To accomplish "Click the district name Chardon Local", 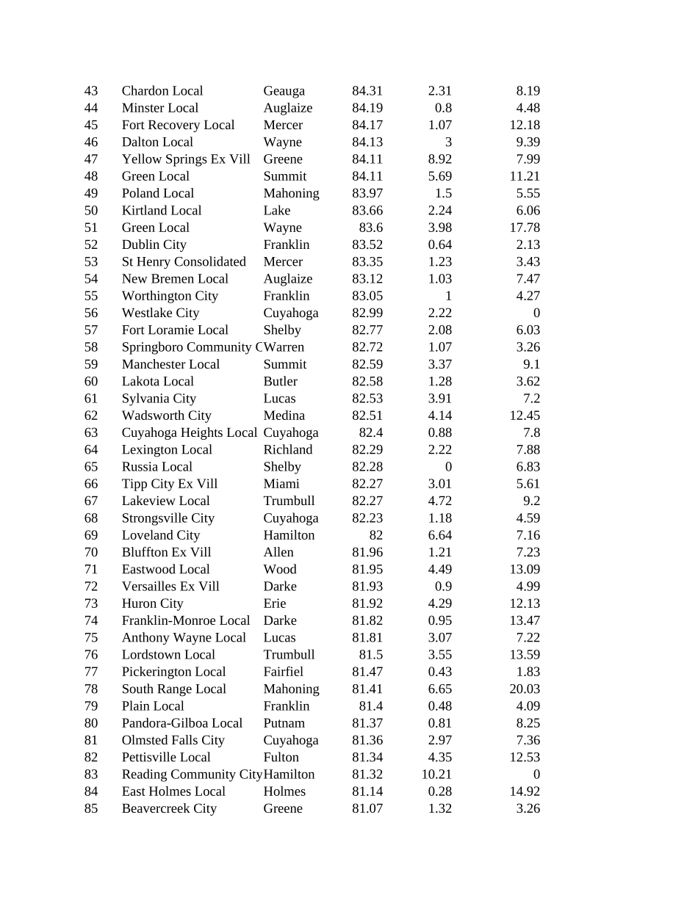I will point(162,91).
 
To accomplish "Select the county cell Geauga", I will point(284,91).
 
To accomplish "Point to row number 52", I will point(91,244).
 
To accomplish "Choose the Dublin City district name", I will point(154,244).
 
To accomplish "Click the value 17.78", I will point(525,228).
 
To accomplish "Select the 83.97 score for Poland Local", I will point(367,193).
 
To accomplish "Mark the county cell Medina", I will point(284,416).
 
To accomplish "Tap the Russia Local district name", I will point(157,467).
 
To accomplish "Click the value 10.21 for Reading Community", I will point(436,775).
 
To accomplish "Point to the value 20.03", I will point(525,689).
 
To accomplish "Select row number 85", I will point(91,808).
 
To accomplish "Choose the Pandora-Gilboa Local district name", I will point(182,723).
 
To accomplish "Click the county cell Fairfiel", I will point(284,672).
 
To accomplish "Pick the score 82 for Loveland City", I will point(375,535).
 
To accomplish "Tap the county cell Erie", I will point(275,603).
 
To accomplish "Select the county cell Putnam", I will point(284,723).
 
